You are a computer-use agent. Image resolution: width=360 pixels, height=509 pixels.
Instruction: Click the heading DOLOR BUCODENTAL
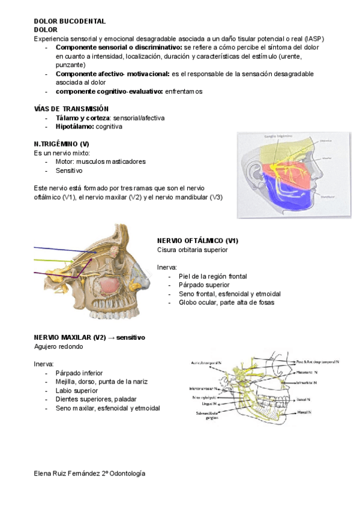click(x=70, y=20)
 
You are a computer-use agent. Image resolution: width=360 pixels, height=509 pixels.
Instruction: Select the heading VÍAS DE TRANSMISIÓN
click(x=71, y=109)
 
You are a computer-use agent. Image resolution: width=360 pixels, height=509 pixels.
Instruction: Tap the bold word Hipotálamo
click(x=74, y=127)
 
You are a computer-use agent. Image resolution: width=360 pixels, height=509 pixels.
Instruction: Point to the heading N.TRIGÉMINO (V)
click(x=62, y=145)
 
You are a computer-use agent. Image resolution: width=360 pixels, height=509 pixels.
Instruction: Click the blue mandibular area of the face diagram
click(x=282, y=193)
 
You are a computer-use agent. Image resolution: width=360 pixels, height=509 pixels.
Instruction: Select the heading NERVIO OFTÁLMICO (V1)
click(x=197, y=240)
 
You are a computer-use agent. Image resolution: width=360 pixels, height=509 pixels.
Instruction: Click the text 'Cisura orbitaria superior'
click(x=192, y=249)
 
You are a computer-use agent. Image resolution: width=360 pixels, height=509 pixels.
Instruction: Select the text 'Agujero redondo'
click(x=58, y=347)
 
